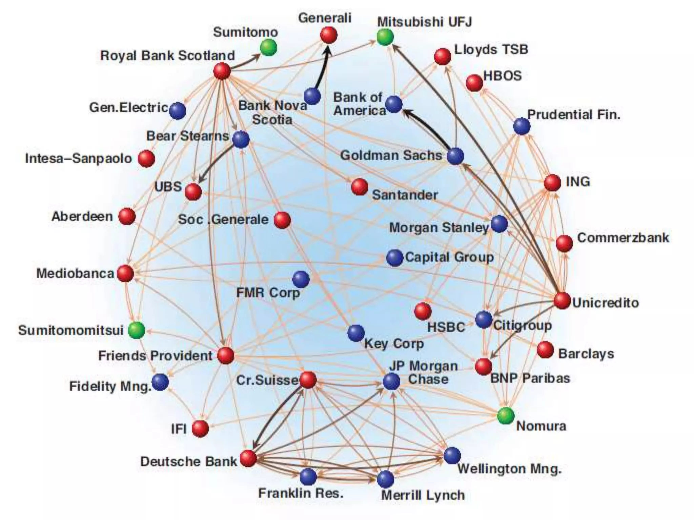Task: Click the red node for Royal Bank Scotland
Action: tap(222, 71)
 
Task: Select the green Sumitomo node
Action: tap(268, 47)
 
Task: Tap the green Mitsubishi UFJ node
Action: tap(385, 37)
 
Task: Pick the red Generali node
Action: tap(329, 35)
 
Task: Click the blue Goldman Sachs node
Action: tap(455, 156)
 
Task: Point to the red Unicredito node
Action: tap(562, 301)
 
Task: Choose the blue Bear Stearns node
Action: tap(241, 139)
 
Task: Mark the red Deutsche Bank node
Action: tap(248, 458)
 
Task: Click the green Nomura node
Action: tap(506, 415)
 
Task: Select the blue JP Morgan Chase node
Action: tap(391, 381)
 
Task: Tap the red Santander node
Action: tap(360, 187)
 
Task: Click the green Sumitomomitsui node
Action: tap(137, 330)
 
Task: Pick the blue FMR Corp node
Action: tap(301, 279)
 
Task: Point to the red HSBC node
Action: tap(423, 311)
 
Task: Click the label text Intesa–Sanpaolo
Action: tap(78, 158)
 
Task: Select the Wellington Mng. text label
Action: tap(509, 469)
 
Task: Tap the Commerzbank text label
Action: tap(623, 238)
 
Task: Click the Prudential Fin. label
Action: tap(574, 114)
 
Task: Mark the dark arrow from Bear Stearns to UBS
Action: tap(217, 161)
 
